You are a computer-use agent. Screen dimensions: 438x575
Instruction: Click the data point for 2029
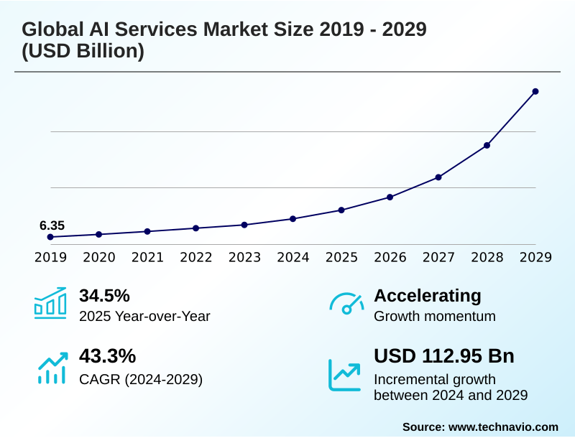tap(535, 91)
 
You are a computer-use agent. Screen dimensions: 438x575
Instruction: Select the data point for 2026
tap(390, 197)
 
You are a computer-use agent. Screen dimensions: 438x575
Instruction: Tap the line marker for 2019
tap(50, 237)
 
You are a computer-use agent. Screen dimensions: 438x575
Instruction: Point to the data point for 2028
tap(487, 145)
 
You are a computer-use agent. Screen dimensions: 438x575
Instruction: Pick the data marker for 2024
tap(293, 218)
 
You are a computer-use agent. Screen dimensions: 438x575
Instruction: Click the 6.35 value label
tap(52, 225)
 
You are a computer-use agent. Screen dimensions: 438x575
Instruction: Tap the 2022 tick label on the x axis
tap(195, 257)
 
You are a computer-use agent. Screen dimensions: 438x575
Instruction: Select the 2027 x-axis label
tap(438, 257)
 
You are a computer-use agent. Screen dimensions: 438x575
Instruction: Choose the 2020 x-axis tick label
tap(98, 257)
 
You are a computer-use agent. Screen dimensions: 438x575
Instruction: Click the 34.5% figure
tap(104, 295)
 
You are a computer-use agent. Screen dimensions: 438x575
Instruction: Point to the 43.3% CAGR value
tap(107, 356)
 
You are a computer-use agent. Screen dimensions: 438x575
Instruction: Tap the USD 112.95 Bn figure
tap(444, 356)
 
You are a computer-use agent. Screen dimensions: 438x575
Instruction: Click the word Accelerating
tap(428, 295)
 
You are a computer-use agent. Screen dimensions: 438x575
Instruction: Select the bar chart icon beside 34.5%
tap(50, 303)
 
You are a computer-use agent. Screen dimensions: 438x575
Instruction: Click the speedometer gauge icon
tap(346, 303)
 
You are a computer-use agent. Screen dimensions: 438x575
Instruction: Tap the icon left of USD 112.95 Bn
tap(345, 375)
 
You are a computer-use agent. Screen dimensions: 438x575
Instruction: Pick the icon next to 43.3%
tap(52, 367)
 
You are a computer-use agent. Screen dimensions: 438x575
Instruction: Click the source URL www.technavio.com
tap(503, 427)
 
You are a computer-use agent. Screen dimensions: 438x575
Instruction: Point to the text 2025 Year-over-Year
tap(144, 316)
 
